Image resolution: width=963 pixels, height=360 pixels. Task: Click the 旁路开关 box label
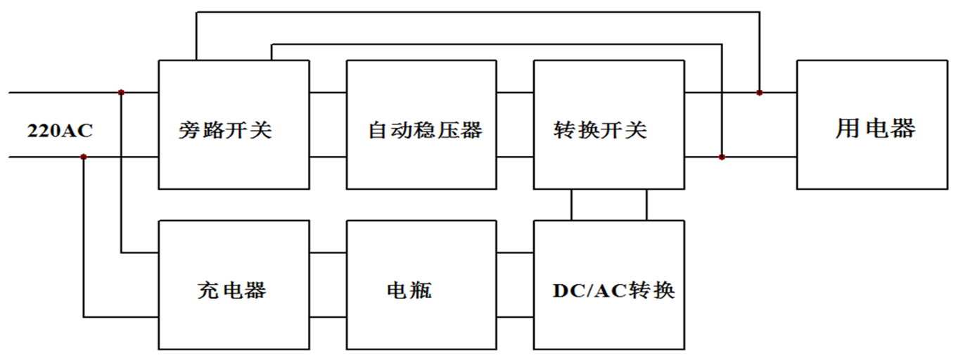click(x=224, y=130)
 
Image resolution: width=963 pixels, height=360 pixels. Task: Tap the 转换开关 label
click(x=600, y=130)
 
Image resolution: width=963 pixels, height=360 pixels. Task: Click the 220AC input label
click(x=60, y=131)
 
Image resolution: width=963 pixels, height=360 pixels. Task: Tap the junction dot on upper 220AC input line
click(x=122, y=92)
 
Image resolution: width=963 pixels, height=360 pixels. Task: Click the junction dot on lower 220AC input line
click(x=84, y=157)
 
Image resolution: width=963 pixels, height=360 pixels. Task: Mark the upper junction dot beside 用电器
click(x=759, y=92)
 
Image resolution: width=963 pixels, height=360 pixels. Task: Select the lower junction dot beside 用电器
click(x=722, y=157)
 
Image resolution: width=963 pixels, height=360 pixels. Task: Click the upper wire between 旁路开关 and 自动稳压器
click(x=328, y=92)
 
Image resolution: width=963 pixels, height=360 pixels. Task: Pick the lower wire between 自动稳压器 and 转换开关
click(x=515, y=157)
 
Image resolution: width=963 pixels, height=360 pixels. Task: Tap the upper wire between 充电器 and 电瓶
click(x=328, y=253)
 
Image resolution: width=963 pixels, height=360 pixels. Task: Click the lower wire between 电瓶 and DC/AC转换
click(x=515, y=317)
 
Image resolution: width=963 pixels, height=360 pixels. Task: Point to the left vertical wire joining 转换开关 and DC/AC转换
click(x=571, y=205)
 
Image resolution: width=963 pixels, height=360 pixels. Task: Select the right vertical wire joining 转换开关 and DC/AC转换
click(x=646, y=205)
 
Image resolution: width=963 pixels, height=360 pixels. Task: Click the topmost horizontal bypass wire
click(x=478, y=12)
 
